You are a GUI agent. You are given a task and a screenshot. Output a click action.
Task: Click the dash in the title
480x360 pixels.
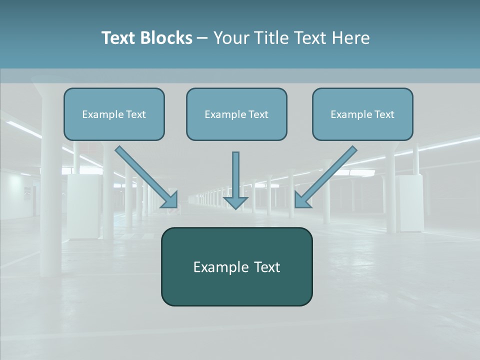pyautogui.click(x=202, y=38)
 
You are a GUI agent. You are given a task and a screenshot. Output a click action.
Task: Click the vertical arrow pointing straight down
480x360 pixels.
pyautogui.click(x=235, y=177)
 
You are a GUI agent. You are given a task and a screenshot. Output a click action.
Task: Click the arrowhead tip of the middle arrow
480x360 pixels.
pyautogui.click(x=235, y=207)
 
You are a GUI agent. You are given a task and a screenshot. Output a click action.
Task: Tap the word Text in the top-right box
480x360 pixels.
pyautogui.click(x=384, y=114)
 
